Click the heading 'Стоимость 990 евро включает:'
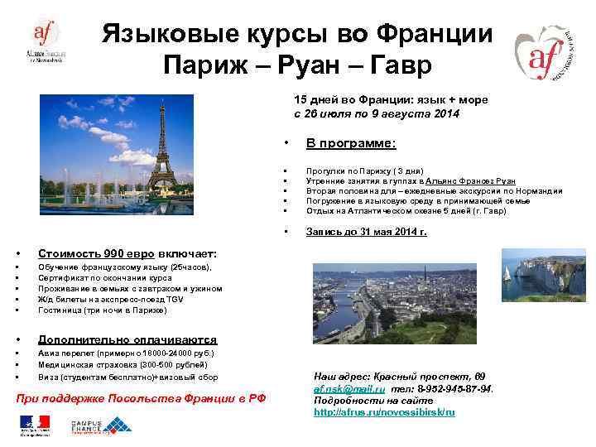(127, 252)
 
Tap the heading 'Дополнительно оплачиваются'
(127, 339)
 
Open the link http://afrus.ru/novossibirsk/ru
(385, 411)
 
